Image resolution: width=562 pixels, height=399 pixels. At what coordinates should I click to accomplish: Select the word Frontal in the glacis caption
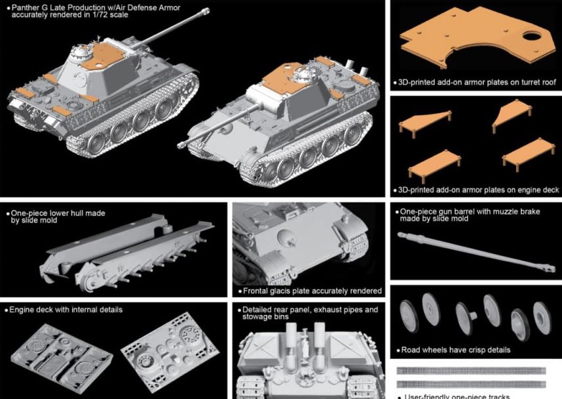pyautogui.click(x=258, y=291)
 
